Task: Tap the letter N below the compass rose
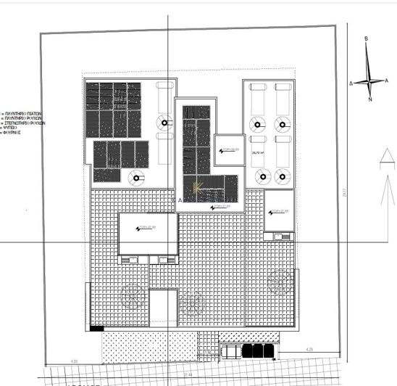(x=369, y=99)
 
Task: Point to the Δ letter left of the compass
(x=351, y=83)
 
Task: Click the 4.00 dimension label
(x=73, y=361)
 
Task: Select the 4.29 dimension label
(x=309, y=350)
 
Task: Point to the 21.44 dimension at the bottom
(x=188, y=374)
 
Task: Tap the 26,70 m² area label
(x=257, y=153)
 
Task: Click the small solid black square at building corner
(x=98, y=328)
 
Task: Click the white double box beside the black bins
(x=231, y=352)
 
